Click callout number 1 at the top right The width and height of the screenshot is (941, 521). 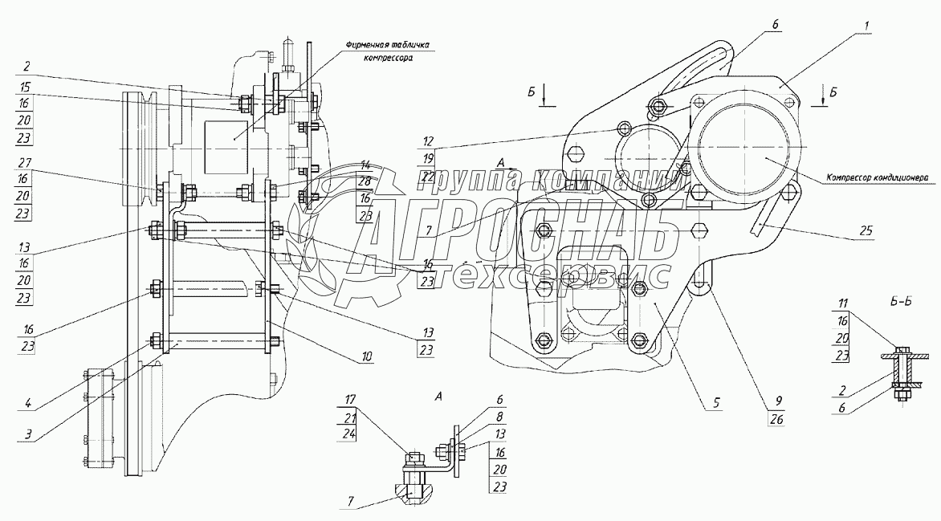pos(866,26)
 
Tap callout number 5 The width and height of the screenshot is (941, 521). pos(716,403)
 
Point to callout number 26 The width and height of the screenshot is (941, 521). pos(776,420)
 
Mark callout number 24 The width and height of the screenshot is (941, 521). pos(351,434)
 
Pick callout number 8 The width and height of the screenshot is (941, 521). pos(500,417)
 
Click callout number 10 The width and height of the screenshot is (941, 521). pos(367,356)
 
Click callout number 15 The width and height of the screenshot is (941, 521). pos(23,87)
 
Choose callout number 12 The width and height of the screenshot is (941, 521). pos(427,142)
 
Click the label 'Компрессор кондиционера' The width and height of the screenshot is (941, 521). pos(877,177)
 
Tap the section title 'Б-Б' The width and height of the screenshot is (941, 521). pos(901,301)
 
